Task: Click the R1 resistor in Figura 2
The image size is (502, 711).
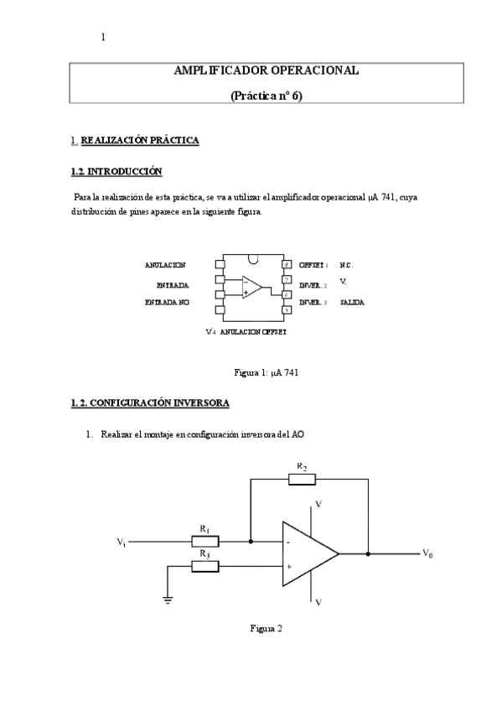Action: [x=205, y=542]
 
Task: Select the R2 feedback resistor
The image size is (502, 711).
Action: [x=302, y=480]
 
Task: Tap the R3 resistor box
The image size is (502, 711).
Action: [x=205, y=567]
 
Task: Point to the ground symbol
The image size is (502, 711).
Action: [x=168, y=599]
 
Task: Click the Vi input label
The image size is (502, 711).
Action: [x=122, y=542]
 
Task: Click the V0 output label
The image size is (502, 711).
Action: [x=427, y=553]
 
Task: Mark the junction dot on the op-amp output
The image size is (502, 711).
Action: [x=368, y=553]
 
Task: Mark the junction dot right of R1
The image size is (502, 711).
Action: [x=251, y=542]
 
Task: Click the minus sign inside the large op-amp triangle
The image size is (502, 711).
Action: [x=289, y=542]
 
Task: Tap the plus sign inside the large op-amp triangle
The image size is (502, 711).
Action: [x=289, y=567]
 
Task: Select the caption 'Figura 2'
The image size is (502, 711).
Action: [x=267, y=628]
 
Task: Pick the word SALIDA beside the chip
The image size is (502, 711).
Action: [x=352, y=302]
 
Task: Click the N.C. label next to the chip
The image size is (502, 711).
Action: [x=346, y=265]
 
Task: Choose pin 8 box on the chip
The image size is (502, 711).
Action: [x=287, y=265]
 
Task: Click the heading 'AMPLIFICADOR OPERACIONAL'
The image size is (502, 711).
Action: [x=266, y=70]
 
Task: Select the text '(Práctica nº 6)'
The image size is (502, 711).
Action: [x=266, y=96]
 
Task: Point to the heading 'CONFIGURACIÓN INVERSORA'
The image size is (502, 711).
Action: [x=159, y=403]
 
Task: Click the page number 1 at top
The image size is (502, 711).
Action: [x=103, y=36]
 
